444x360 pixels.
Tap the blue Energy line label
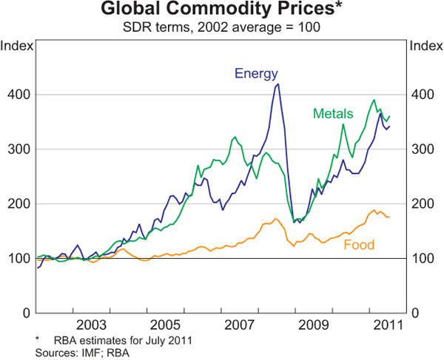[x=256, y=73]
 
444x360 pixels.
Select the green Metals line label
[x=333, y=114]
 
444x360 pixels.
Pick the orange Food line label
[x=359, y=245]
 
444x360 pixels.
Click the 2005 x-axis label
[x=164, y=325]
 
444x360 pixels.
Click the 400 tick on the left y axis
[x=20, y=95]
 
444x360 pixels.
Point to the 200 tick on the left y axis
[x=20, y=204]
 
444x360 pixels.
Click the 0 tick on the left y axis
[x=26, y=313]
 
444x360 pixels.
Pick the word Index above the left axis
[x=17, y=45]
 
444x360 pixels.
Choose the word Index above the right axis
[x=425, y=45]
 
